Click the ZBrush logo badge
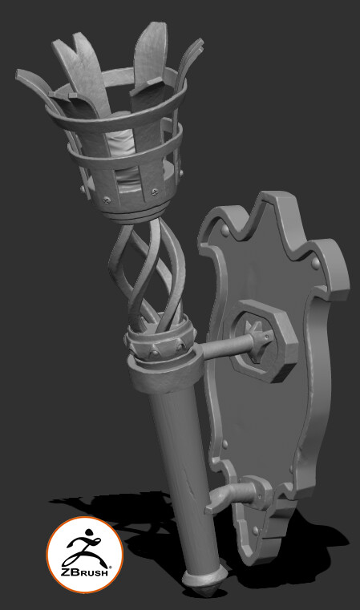coord(84,557)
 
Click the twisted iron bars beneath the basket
coord(151,273)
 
